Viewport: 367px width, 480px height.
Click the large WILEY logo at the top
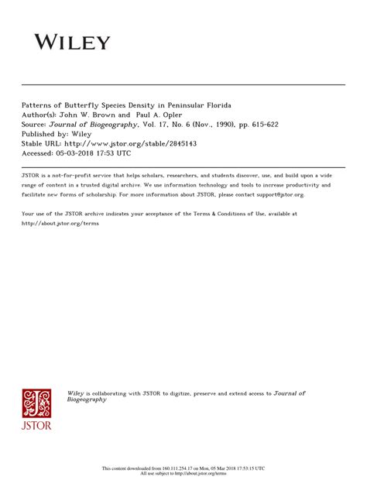coord(71,42)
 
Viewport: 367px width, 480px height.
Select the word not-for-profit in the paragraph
coord(75,176)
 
